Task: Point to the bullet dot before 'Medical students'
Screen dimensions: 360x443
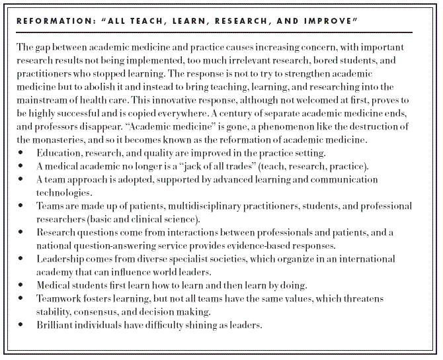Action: [21, 285]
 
